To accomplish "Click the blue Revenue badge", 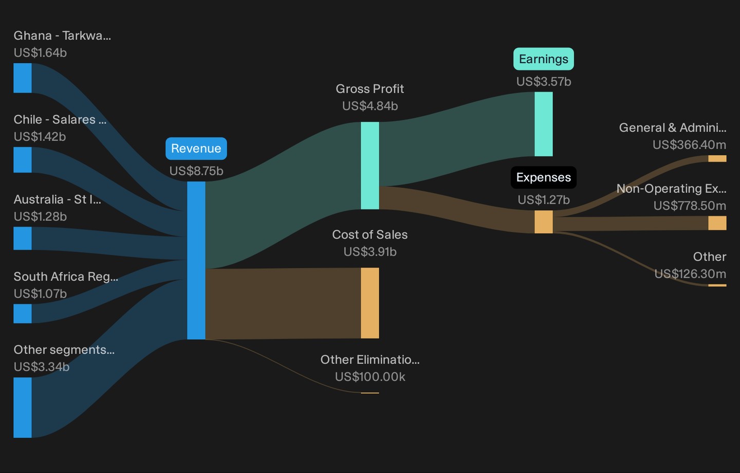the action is point(196,149).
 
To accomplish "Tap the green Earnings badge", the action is point(544,59).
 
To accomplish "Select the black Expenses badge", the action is point(544,177).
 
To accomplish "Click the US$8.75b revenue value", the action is point(196,171).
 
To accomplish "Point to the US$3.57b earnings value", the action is point(544,81).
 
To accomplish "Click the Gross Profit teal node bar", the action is point(369,166).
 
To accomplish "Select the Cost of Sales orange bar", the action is point(369,303).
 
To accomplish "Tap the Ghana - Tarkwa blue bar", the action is point(23,78).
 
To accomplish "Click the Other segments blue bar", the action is point(23,408).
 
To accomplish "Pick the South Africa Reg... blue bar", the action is point(23,314).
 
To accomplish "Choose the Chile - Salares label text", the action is point(60,119).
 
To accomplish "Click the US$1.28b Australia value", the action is point(40,216).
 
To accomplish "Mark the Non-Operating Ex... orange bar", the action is point(717,223).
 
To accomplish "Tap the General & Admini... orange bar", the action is point(717,159).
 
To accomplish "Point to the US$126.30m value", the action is point(690,274).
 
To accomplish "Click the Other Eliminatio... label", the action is point(370,359).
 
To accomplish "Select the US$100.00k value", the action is point(370,377).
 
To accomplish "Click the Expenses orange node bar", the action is point(544,222).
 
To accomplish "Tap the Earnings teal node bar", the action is point(544,124).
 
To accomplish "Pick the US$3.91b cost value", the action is point(370,252).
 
